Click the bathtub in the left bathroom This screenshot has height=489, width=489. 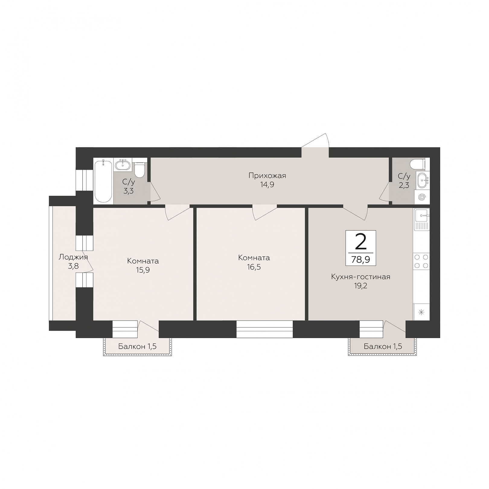pyautogui.click(x=103, y=181)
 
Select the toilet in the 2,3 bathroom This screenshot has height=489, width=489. pyautogui.click(x=418, y=164)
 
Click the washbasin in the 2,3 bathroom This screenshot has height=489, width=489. pyautogui.click(x=423, y=180)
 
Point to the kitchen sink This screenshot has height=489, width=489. pyautogui.click(x=421, y=219)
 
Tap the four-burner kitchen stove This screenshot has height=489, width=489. pyautogui.click(x=421, y=261)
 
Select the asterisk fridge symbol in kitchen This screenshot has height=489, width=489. pyautogui.click(x=421, y=312)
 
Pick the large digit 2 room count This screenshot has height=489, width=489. pyautogui.click(x=361, y=242)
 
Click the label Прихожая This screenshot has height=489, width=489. pyautogui.click(x=267, y=175)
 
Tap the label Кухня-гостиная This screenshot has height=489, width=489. pyautogui.click(x=361, y=277)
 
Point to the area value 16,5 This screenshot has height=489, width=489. pyautogui.click(x=254, y=267)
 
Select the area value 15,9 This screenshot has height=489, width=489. pyautogui.click(x=143, y=270)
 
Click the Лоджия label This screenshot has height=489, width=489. pyautogui.click(x=73, y=257)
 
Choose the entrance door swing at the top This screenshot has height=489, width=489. pyautogui.click(x=315, y=141)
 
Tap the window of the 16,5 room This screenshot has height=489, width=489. pyautogui.click(x=264, y=329)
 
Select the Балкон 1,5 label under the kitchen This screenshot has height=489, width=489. pyautogui.click(x=383, y=346)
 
